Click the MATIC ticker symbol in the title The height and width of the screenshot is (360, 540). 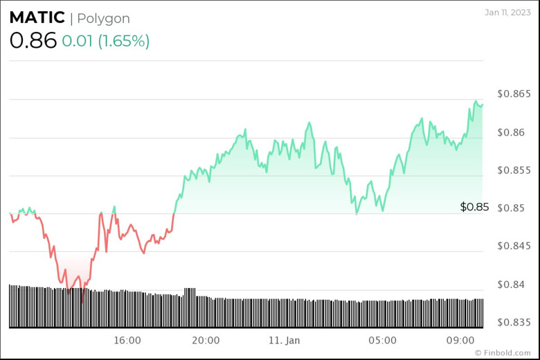click(x=37, y=18)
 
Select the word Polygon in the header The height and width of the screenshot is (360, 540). click(x=103, y=19)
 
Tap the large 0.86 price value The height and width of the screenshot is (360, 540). click(x=33, y=40)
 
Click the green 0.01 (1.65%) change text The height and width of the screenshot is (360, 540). click(x=105, y=41)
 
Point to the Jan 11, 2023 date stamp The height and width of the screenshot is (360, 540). click(x=507, y=12)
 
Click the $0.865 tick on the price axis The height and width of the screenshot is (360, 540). click(x=514, y=93)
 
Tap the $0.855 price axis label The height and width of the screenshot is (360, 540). click(x=514, y=170)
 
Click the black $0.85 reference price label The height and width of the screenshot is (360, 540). click(x=474, y=206)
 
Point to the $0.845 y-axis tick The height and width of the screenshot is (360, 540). click(x=514, y=246)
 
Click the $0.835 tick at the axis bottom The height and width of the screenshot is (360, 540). click(x=514, y=322)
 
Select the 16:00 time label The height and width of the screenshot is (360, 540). click(x=127, y=340)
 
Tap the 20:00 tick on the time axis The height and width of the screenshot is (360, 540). click(x=206, y=340)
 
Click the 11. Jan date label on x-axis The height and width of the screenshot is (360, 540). click(x=284, y=340)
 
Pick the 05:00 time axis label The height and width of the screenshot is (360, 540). click(x=382, y=340)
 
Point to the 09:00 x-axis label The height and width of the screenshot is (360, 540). click(x=460, y=340)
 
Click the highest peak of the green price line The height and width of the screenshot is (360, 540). click(x=476, y=101)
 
